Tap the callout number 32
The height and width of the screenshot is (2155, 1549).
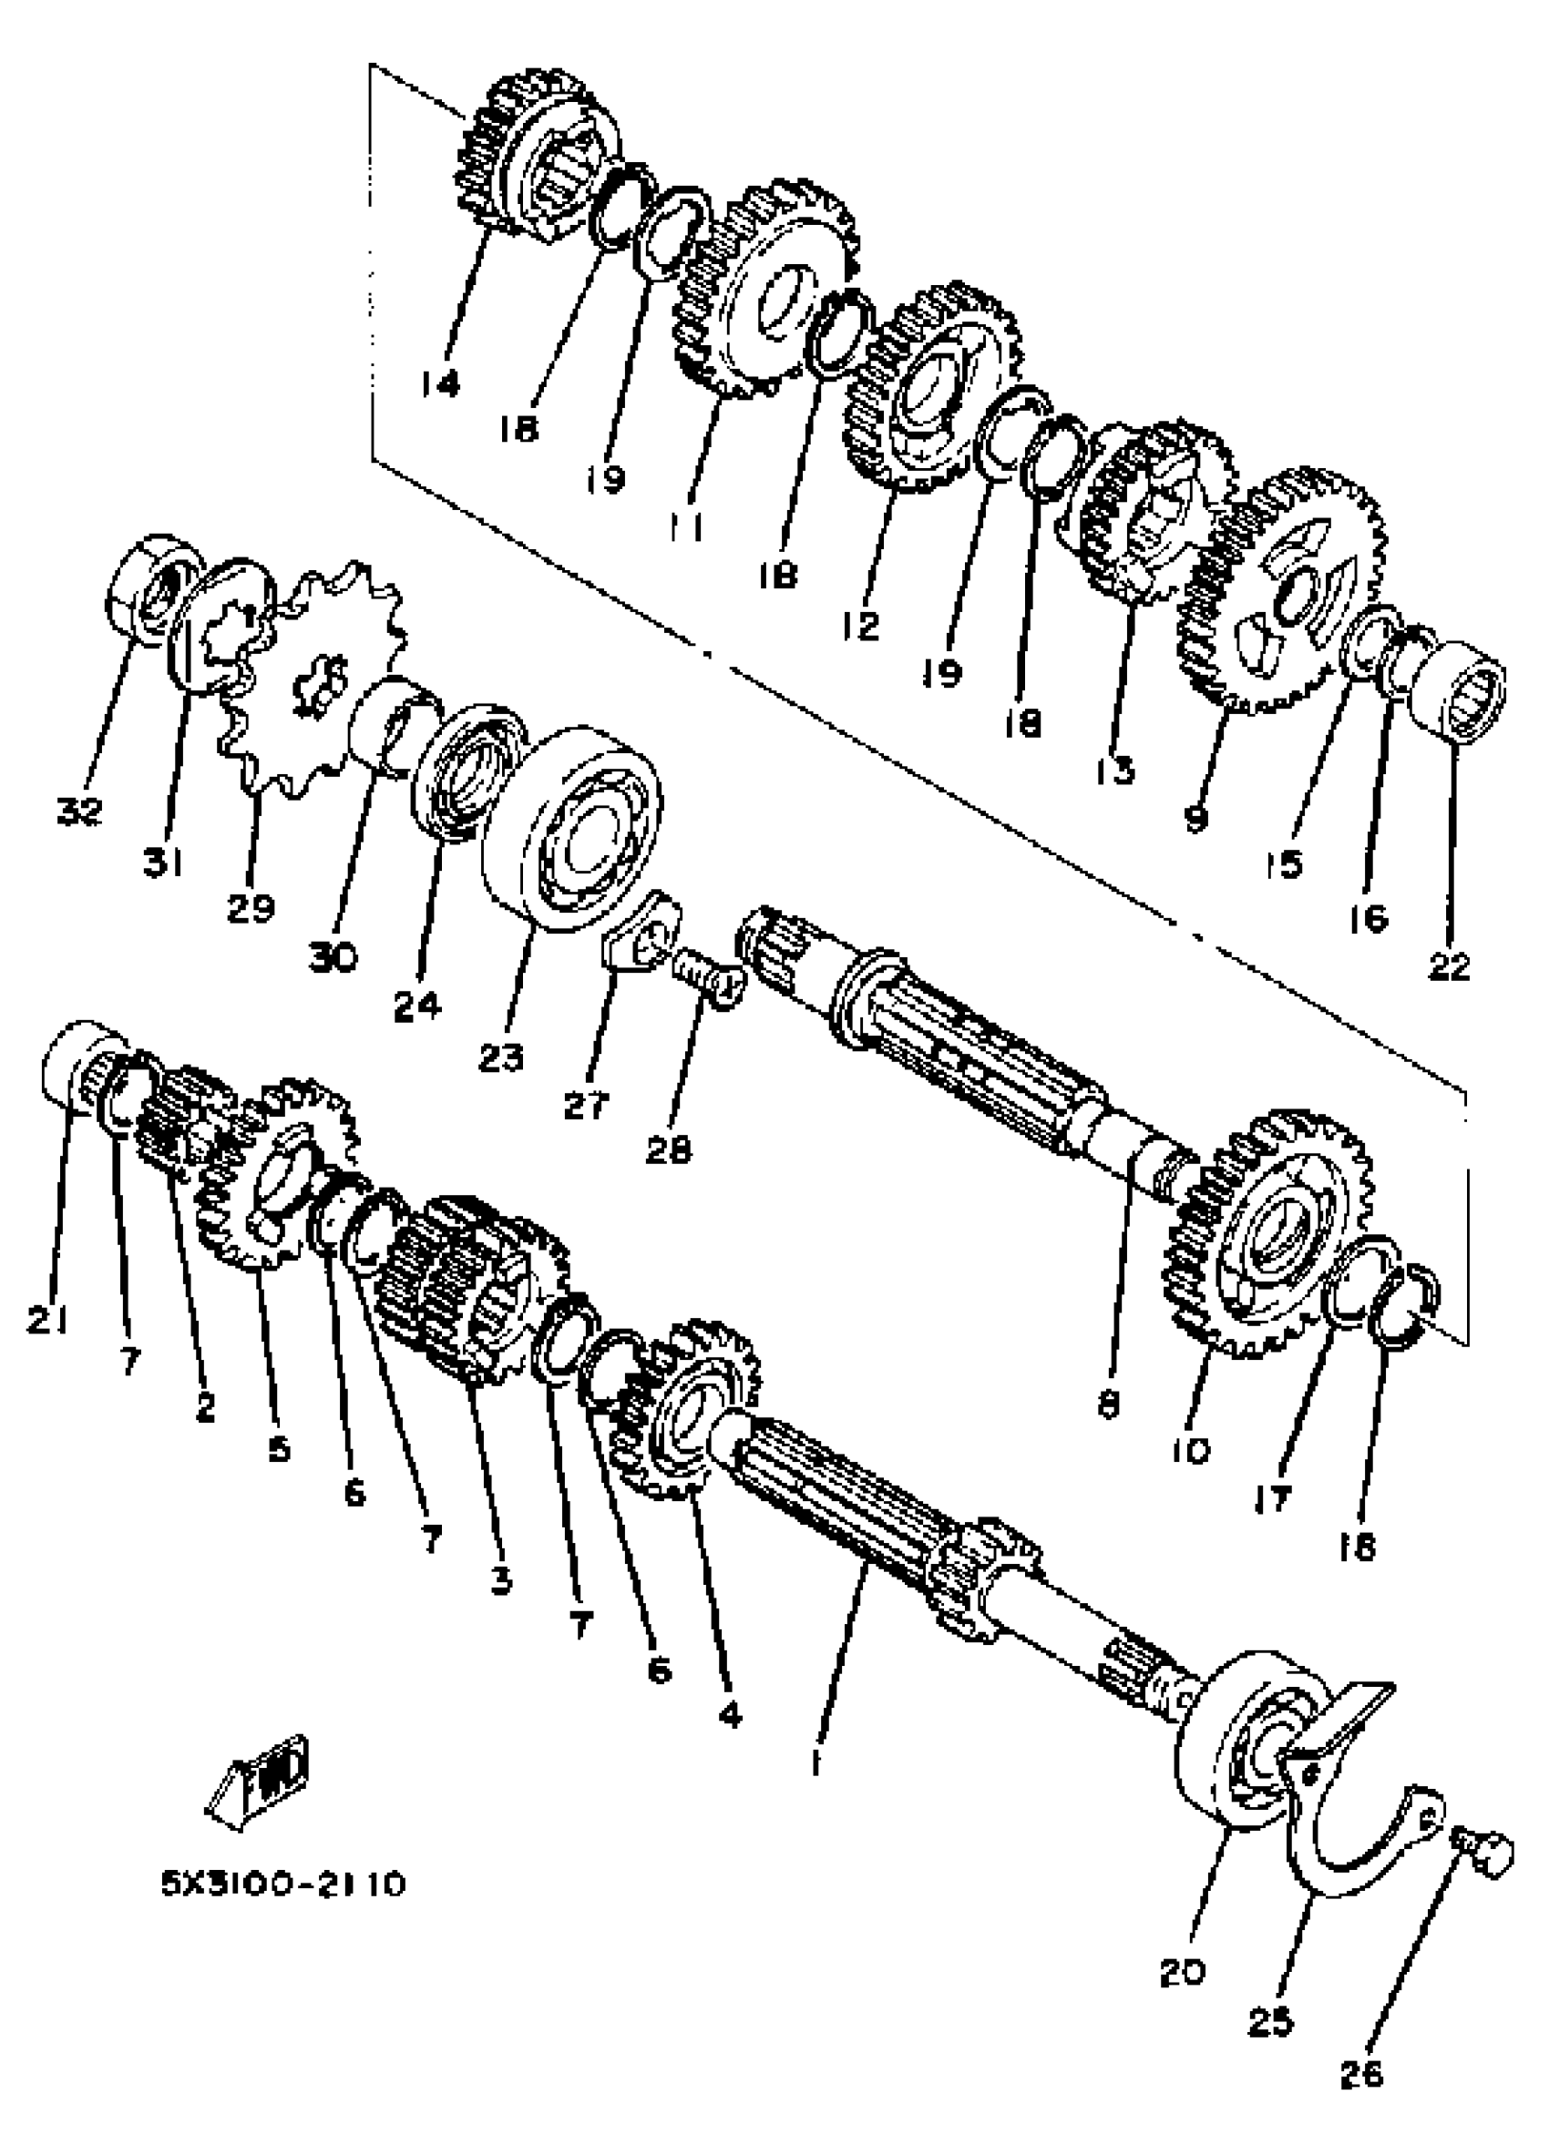point(80,811)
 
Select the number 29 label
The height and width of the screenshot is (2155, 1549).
point(251,908)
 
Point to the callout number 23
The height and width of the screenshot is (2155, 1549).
point(501,1057)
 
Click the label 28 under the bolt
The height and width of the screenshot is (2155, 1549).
point(668,1149)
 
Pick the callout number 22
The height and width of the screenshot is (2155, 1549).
point(1449,966)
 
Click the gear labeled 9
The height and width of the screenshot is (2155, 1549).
point(1283,608)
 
